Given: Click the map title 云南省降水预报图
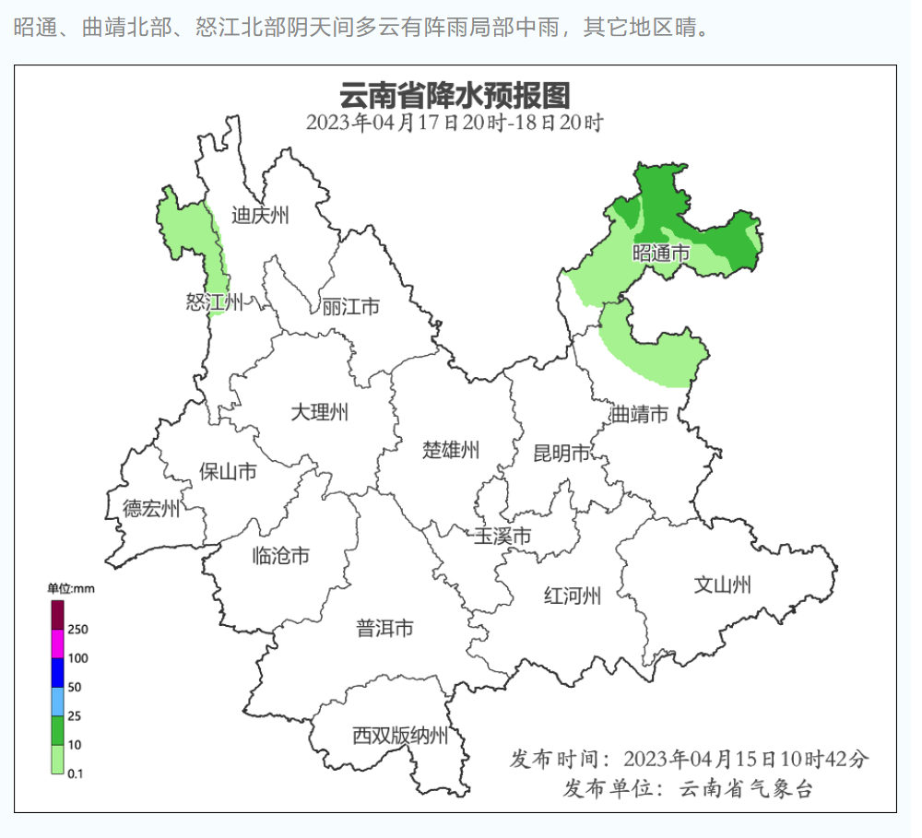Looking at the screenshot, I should pos(455,95).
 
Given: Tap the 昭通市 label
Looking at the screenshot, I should pos(661,253).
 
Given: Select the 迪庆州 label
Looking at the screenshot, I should pos(260,216).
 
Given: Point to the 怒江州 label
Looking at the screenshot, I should pos(214,301).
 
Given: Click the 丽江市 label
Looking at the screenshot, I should pos(350,306).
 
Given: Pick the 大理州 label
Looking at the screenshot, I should pos(319,412).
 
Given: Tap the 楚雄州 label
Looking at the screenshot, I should pos(451,450).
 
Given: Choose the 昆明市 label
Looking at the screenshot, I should pos(561,453).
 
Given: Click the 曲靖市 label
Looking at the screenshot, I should pos(639,415).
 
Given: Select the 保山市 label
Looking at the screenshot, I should pos(228,472).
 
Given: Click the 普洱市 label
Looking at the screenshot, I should pos(384,629).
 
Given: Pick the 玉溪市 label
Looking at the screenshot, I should pos(502,536).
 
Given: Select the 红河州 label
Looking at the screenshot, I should pos(573,596).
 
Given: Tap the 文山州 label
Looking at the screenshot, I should pos(722,584).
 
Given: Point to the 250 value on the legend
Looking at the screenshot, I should pos(77,630).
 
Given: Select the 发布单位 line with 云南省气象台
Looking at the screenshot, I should pos(688,789).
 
